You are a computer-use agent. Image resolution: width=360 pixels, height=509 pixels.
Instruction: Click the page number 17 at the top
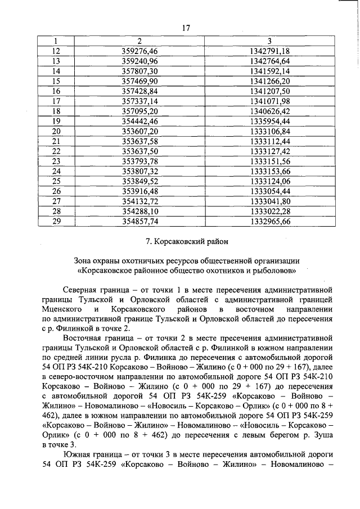(186, 29)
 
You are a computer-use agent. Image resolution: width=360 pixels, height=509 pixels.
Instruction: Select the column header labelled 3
(269, 41)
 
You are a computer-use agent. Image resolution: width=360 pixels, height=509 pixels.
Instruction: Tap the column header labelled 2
(139, 41)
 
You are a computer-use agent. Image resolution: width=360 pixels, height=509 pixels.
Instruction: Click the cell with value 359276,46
(139, 51)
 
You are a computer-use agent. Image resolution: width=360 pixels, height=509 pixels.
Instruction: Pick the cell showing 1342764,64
(269, 61)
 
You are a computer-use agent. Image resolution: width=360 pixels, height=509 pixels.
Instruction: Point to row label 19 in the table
(56, 121)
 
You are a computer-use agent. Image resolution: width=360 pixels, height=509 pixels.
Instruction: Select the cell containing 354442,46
(139, 121)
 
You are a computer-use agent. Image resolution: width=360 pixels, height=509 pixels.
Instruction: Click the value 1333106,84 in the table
(269, 131)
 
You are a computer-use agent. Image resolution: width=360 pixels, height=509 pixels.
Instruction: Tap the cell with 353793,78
(139, 161)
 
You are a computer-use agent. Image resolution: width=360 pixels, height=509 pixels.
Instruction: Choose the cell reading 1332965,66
(269, 222)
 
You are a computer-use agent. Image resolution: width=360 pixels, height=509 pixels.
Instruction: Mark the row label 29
(56, 222)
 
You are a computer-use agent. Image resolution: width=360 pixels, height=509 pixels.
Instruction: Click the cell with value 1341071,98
(269, 101)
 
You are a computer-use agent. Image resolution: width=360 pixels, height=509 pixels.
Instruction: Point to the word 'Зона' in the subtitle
(84, 260)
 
